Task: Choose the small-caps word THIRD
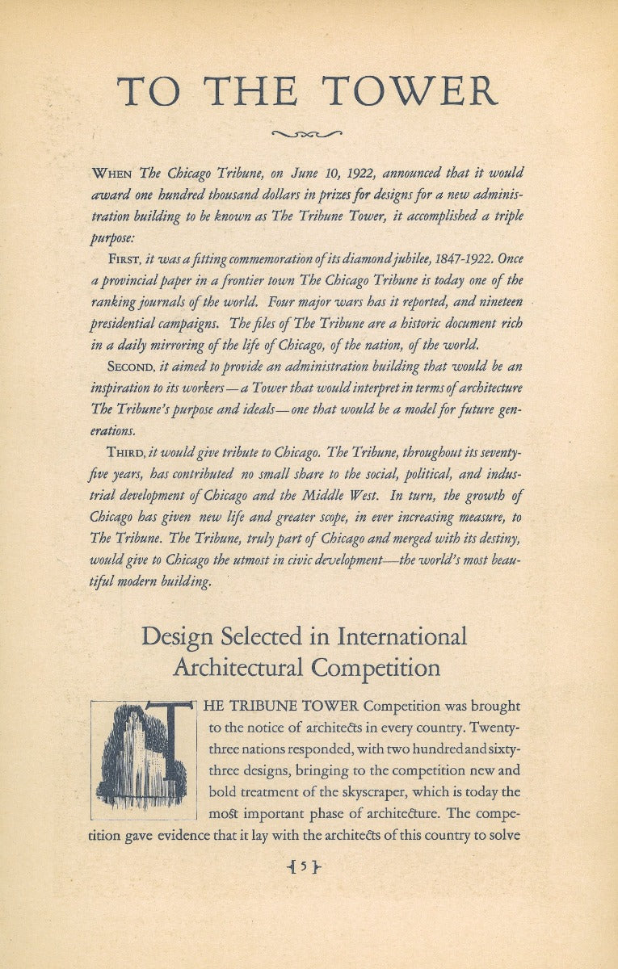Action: click(x=124, y=451)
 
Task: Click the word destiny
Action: click(x=498, y=539)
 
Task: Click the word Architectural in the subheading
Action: click(x=240, y=669)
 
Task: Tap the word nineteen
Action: click(x=494, y=301)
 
